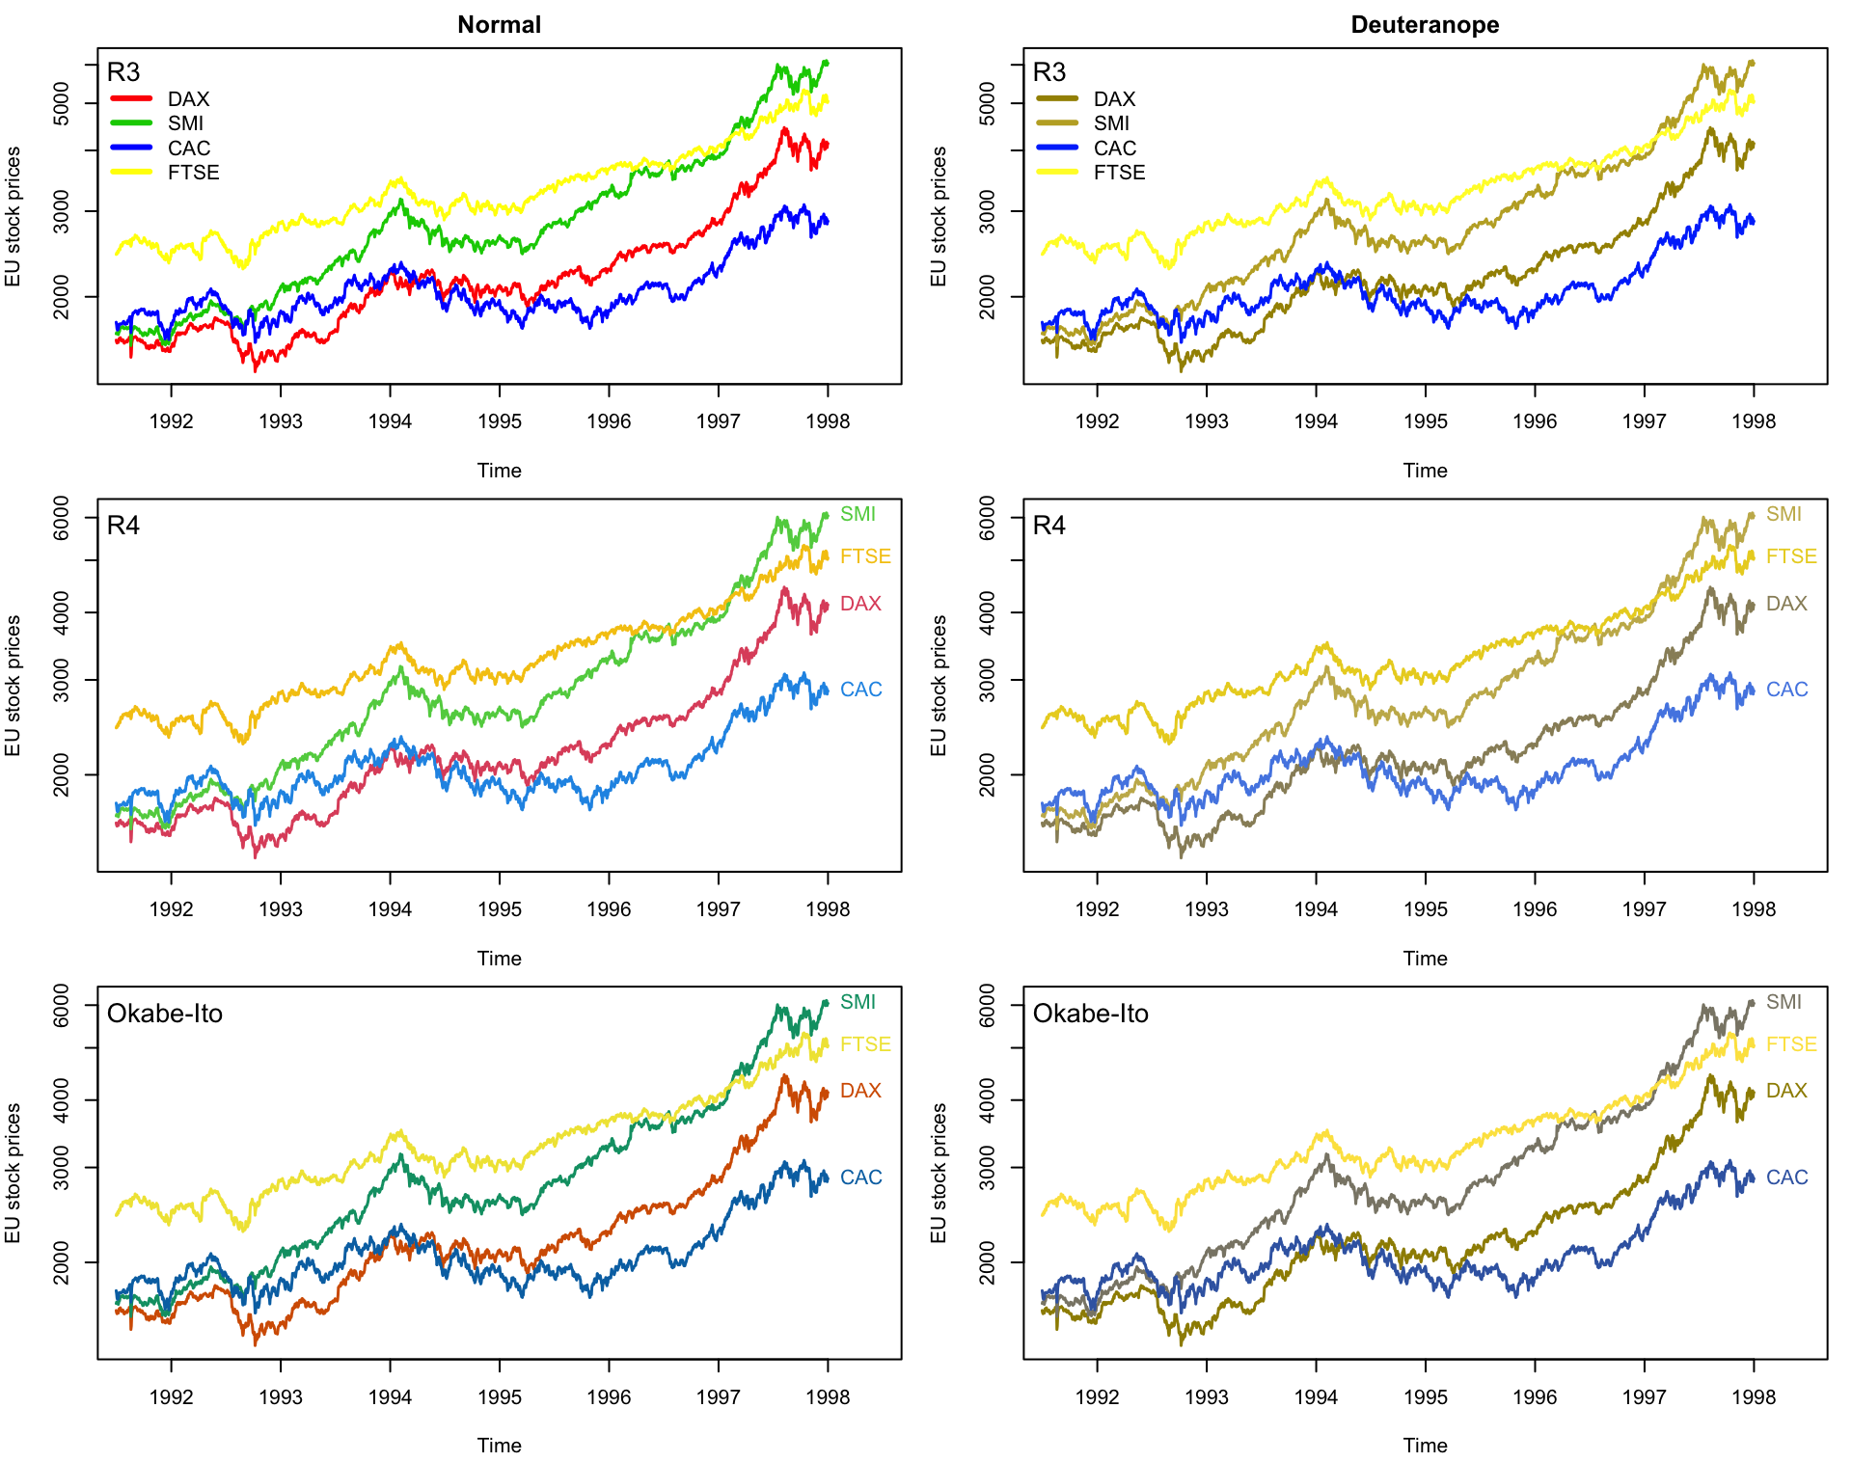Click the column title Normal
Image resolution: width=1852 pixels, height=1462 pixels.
499,24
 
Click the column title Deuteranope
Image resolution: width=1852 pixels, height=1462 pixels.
1425,24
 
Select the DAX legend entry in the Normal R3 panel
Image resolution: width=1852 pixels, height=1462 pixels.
188,99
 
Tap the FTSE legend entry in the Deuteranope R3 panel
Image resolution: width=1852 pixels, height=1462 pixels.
1119,173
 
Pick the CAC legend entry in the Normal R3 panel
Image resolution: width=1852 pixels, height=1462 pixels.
188,149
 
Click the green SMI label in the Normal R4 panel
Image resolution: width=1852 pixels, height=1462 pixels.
858,514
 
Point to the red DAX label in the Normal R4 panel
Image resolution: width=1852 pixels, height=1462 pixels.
860,604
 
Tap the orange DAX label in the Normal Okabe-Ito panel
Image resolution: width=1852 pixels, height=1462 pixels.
860,1091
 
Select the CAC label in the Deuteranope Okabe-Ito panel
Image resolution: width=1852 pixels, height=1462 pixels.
1786,1178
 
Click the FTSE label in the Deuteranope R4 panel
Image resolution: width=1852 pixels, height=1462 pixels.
1791,556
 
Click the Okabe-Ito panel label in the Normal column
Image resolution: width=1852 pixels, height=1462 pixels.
165,1014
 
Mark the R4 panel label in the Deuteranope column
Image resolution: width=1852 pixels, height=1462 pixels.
1049,526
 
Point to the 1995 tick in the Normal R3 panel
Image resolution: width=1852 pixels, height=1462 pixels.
499,421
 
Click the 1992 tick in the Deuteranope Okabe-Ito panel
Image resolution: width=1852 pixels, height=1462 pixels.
1097,1397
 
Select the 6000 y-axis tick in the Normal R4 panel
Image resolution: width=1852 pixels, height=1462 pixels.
61,518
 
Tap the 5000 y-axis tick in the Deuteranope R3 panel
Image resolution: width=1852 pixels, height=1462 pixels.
987,103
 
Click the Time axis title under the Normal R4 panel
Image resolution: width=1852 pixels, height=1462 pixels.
499,959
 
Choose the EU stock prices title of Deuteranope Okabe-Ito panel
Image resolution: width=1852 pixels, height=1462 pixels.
939,1173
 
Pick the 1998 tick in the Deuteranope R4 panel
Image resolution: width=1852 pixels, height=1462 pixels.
1753,909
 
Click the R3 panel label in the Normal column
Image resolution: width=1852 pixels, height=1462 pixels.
123,72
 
